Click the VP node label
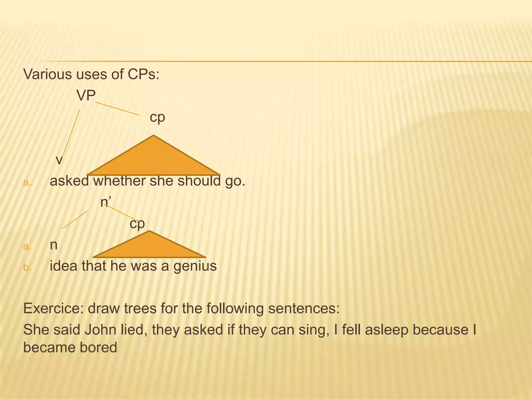pos(86,96)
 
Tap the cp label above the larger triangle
pos(157,117)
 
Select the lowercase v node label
pos(59,160)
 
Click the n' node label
pos(105,202)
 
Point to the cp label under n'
pos(137,223)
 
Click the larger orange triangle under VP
pos(154,161)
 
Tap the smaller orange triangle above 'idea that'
pos(149,247)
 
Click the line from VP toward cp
pos(117,109)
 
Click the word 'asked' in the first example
pos(69,181)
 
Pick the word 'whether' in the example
pos(119,181)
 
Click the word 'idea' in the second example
pos(64,266)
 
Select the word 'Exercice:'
pos(53,309)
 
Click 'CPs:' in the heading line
pos(143,74)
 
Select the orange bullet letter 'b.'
pos(27,267)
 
